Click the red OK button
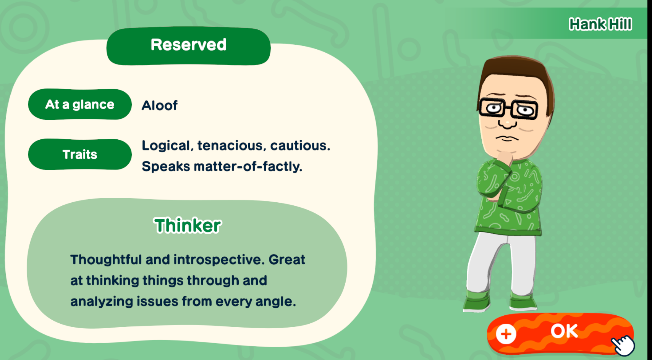pos(560,334)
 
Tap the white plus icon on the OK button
pos(506,334)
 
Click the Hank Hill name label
pos(600,24)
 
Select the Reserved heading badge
pos(189,46)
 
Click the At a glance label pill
pos(80,104)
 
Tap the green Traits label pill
pos(80,154)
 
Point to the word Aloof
pos(160,105)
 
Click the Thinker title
pos(188,226)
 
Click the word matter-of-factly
pos(248,167)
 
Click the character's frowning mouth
pos(507,138)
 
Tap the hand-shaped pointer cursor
pos(623,345)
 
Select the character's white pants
pos(501,265)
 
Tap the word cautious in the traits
pos(300,146)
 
